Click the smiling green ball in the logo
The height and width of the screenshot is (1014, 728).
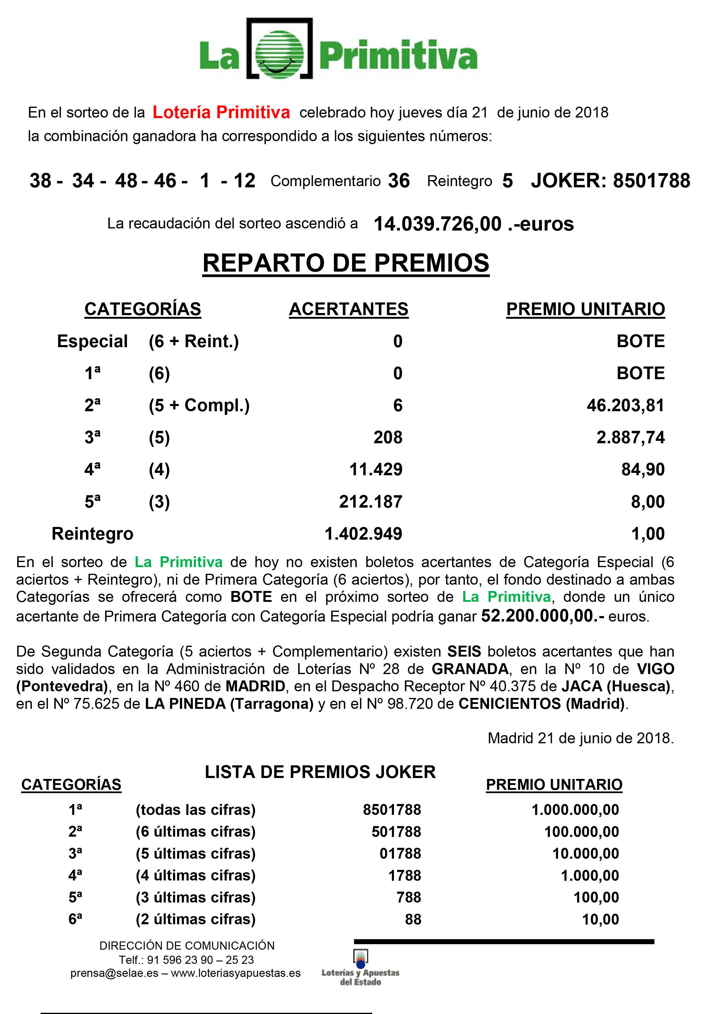click(x=279, y=55)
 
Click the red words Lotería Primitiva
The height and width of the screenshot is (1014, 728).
click(x=221, y=112)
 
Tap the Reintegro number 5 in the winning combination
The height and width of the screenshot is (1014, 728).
click(x=507, y=181)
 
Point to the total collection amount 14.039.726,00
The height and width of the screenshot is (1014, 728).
click(x=437, y=224)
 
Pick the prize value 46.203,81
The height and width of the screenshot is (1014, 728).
click(x=625, y=405)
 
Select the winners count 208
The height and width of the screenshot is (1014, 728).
click(x=388, y=437)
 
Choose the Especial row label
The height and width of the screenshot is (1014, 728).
click(x=92, y=341)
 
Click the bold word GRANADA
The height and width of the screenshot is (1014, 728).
click(x=470, y=669)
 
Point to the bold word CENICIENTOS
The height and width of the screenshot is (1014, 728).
click(x=509, y=704)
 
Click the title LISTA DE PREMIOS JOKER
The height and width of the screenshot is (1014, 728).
click(x=320, y=772)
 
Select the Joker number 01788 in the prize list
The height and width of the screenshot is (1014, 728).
click(x=400, y=854)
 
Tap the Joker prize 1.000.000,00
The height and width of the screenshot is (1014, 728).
click(x=575, y=810)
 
